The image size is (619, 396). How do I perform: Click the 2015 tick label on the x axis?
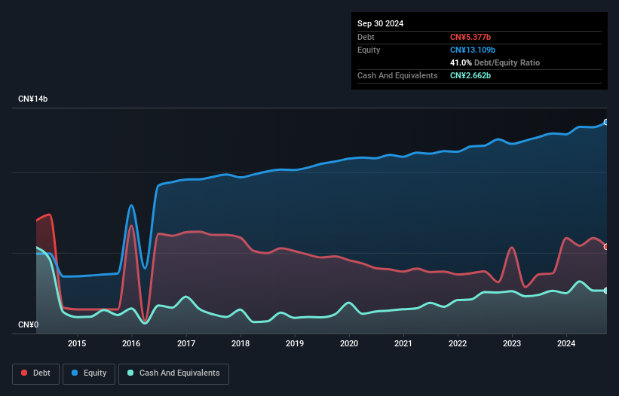[77, 344]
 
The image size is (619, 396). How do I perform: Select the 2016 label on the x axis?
[132, 344]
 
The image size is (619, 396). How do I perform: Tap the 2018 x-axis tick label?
[241, 344]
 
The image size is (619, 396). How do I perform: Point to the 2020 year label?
[349, 344]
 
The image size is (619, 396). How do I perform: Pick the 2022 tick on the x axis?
[458, 344]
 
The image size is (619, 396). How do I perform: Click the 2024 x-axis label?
[566, 344]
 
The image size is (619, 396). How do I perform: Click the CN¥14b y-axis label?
[33, 99]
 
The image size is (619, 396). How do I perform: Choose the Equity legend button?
[89, 373]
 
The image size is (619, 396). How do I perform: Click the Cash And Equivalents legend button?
[173, 373]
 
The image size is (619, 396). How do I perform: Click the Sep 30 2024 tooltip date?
[380, 23]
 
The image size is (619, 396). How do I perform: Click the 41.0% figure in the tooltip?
[461, 62]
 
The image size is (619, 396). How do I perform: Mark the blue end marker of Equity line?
[606, 122]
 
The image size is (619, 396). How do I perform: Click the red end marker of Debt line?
[606, 247]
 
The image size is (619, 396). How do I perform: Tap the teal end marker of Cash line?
[606, 291]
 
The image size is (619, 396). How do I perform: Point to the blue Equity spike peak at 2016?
[131, 205]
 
